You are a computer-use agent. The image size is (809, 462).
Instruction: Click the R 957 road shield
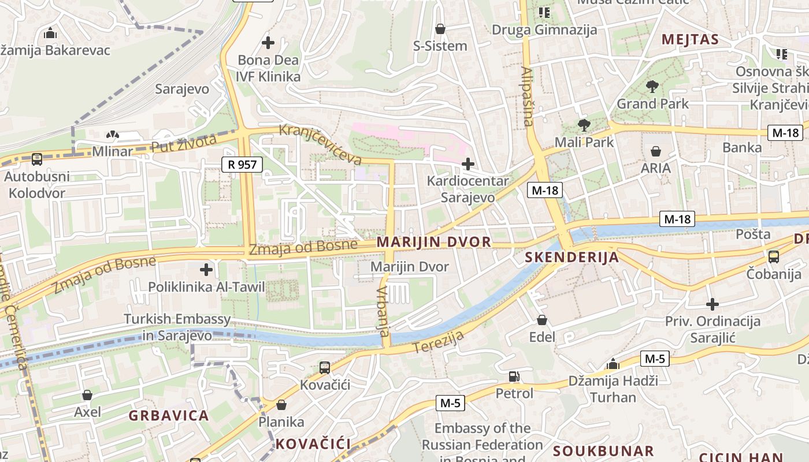coord(242,165)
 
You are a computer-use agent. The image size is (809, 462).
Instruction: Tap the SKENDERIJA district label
coord(572,258)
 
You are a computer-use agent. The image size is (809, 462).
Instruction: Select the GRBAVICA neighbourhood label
coord(168,416)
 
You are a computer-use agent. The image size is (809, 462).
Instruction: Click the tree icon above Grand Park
coord(652,87)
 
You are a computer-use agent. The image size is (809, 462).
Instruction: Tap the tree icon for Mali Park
coord(584,125)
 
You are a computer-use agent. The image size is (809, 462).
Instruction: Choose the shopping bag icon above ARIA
coord(655,151)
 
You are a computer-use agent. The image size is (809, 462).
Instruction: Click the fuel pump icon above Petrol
coord(514,377)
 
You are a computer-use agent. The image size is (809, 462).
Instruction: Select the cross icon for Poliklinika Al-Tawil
coord(206,270)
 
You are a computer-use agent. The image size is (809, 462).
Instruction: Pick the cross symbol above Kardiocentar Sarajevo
coord(467,164)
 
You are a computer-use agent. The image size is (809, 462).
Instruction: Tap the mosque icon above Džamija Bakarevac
coord(50,33)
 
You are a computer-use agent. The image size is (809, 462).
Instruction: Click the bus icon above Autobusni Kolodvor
coord(36,159)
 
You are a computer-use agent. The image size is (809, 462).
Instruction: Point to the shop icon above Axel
coord(87,395)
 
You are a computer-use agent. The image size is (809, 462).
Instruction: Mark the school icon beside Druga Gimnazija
coord(544,12)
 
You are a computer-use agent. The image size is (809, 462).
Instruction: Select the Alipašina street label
coord(527,96)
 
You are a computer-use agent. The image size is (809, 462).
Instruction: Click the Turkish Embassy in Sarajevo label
coord(177,327)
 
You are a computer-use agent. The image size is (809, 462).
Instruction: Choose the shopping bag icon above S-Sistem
coord(440,29)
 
